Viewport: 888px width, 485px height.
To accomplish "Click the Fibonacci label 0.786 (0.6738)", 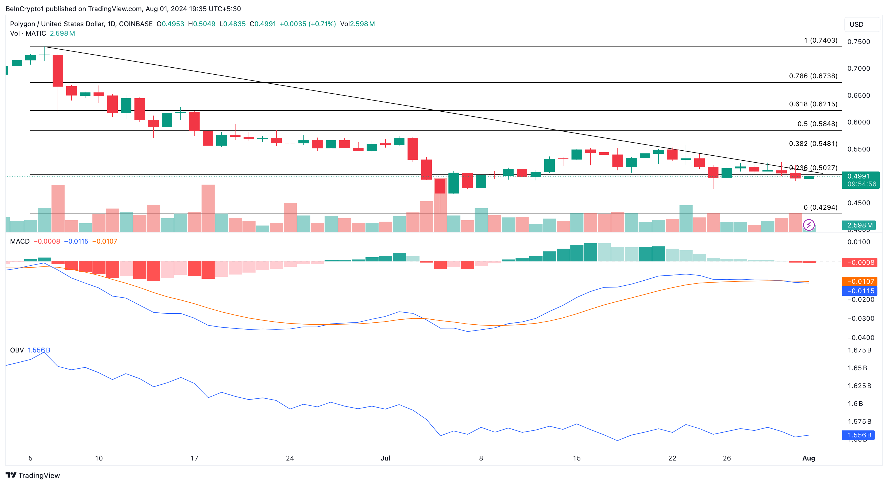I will pyautogui.click(x=813, y=76).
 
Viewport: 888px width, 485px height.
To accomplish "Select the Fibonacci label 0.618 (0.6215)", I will pyautogui.click(x=813, y=104).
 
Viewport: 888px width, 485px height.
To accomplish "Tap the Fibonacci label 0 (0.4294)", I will pyautogui.click(x=820, y=207).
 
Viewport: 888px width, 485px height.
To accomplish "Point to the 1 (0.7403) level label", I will pyautogui.click(x=820, y=40).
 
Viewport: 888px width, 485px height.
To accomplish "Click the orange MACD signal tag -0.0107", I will pyautogui.click(x=860, y=281).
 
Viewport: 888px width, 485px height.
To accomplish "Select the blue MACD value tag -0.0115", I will pyautogui.click(x=860, y=291).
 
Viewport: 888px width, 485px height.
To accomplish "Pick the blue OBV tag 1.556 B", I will pyautogui.click(x=859, y=435).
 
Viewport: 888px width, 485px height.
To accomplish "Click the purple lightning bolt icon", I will pyautogui.click(x=809, y=225).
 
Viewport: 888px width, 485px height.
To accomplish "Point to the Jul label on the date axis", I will pyautogui.click(x=385, y=458).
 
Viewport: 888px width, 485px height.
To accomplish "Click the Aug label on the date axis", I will pyautogui.click(x=808, y=458).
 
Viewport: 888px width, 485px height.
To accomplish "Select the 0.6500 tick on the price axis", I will pyautogui.click(x=858, y=95).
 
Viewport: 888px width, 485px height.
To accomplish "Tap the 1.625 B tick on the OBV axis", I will pyautogui.click(x=859, y=386).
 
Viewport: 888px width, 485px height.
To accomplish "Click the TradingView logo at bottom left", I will pyautogui.click(x=33, y=475).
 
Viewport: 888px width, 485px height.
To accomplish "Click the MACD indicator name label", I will pyautogui.click(x=20, y=241).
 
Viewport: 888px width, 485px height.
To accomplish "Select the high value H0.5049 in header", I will pyautogui.click(x=202, y=24).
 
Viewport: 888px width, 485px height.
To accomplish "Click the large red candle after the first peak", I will pyautogui.click(x=58, y=71).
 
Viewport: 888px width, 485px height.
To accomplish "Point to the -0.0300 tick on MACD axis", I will pyautogui.click(x=860, y=319).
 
